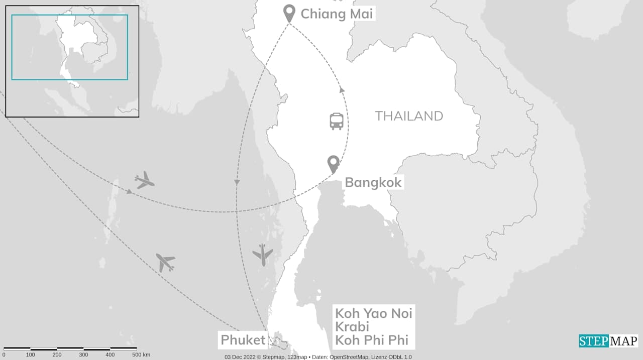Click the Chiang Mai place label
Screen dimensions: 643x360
(x=337, y=14)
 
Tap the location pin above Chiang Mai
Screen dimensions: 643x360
(x=289, y=13)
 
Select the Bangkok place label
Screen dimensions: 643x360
(x=373, y=182)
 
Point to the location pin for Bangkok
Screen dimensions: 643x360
(x=333, y=163)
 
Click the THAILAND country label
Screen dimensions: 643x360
(x=409, y=116)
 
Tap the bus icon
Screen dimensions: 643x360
(x=337, y=121)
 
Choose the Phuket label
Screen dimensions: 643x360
(x=243, y=340)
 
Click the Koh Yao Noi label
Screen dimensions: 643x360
(x=374, y=313)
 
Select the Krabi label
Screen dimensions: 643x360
(x=352, y=326)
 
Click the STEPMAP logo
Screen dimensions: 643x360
(x=608, y=341)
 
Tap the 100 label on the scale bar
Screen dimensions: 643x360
(x=31, y=355)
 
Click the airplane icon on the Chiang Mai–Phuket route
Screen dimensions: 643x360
(x=262, y=255)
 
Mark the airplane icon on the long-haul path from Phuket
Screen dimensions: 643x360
(x=165, y=262)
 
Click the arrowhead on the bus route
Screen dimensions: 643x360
(x=342, y=90)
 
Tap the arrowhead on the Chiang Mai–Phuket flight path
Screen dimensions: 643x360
(x=237, y=182)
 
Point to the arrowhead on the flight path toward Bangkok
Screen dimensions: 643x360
(x=129, y=191)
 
